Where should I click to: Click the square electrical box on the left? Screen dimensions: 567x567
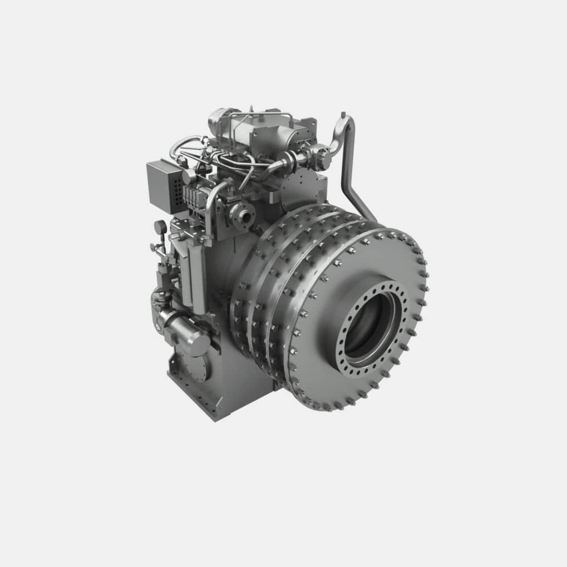(x=165, y=186)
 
